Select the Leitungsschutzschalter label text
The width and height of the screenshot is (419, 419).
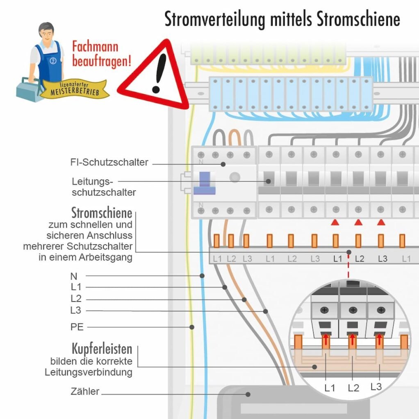click(92, 186)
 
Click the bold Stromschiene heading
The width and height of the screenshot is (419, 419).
click(102, 213)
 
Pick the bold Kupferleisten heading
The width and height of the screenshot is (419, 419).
click(102, 349)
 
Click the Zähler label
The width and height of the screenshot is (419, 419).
click(85, 392)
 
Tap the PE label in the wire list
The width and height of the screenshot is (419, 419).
click(77, 327)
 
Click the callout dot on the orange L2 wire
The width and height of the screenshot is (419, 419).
click(244, 300)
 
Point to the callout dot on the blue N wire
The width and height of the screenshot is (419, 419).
click(202, 276)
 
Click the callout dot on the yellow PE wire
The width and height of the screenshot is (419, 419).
click(191, 327)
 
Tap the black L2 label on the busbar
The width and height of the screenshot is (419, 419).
click(359, 259)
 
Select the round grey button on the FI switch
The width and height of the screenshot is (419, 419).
click(235, 177)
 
